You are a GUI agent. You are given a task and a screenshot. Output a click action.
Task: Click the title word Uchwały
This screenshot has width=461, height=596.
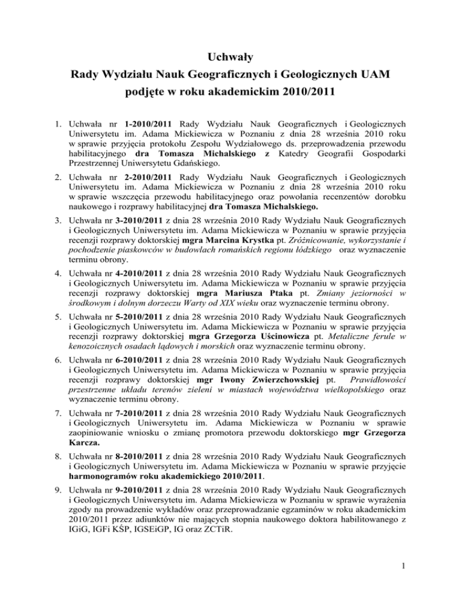tap(230, 58)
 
